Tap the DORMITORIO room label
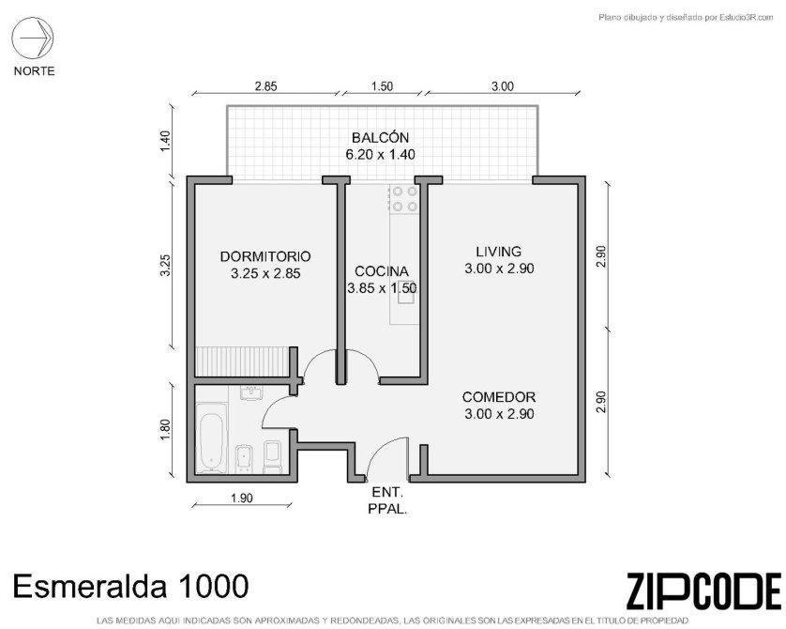click(x=265, y=256)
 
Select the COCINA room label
click(x=382, y=271)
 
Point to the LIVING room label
click(x=499, y=252)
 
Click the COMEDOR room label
click(x=499, y=397)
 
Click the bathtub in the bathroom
click(x=211, y=437)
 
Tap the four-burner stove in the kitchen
click(x=405, y=199)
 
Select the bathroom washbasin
click(x=250, y=393)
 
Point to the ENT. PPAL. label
click(x=387, y=500)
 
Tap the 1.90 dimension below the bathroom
click(x=242, y=499)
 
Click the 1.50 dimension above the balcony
click(x=382, y=86)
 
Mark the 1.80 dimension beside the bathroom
click(x=166, y=429)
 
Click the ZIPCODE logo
click(x=703, y=591)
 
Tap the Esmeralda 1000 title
click(x=130, y=586)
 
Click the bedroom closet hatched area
click(x=242, y=361)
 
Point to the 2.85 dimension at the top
click(x=265, y=86)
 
